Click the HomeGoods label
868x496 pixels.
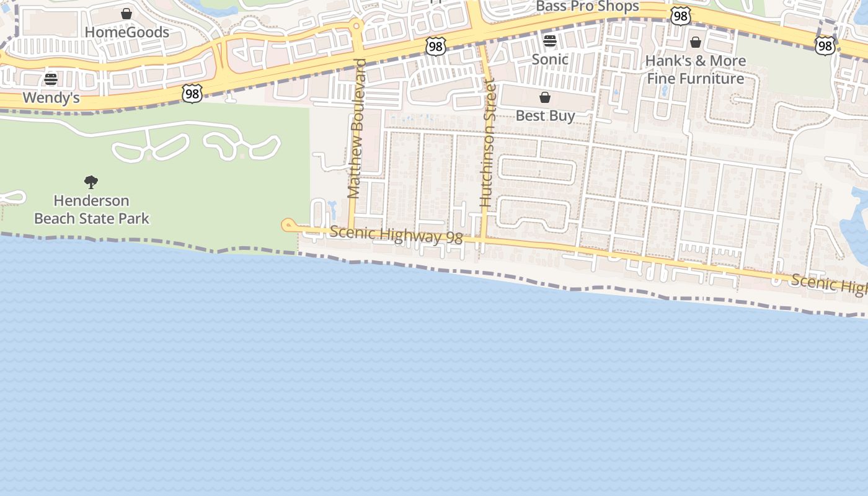(126, 32)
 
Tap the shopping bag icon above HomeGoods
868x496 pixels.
(126, 14)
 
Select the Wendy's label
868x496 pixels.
(51, 98)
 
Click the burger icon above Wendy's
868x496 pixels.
(51, 79)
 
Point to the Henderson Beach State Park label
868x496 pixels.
(92, 210)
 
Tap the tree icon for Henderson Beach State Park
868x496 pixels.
(91, 182)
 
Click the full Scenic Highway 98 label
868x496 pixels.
(396, 235)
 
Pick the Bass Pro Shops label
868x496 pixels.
(587, 7)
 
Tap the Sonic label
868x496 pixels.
(550, 60)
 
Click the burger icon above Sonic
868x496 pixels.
(550, 41)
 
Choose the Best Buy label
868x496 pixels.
(546, 116)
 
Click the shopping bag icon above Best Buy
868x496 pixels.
(545, 97)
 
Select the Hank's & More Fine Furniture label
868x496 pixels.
(696, 69)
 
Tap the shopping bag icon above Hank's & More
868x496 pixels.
(696, 42)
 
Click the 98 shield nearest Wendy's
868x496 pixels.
(192, 94)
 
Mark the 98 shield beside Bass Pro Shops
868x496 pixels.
(680, 16)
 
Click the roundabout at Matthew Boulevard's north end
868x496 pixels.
(356, 26)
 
